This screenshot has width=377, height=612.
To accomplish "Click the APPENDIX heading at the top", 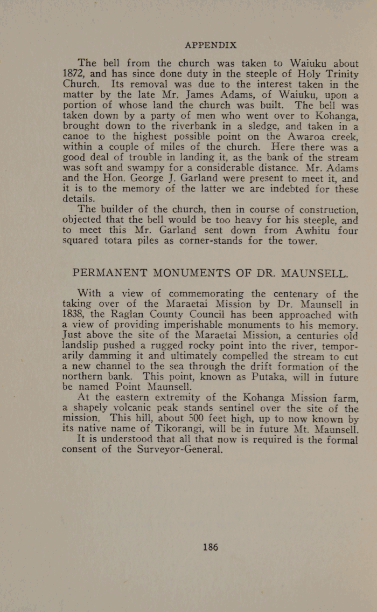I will click(210, 45).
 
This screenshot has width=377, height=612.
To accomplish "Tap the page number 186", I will click(210, 547).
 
